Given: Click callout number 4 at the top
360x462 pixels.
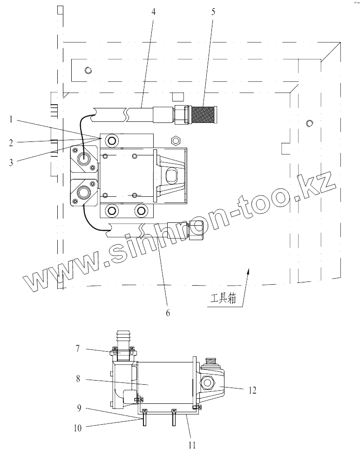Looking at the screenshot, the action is pos(153,12).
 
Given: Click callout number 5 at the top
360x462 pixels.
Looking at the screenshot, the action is pos(213,12).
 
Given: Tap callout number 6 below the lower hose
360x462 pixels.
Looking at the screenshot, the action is pos(168,313).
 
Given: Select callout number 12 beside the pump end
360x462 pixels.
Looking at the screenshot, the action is pos(252,390).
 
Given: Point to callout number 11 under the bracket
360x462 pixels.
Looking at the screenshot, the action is pos(192,445).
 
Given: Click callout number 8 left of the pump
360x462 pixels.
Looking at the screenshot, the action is pos(78,379).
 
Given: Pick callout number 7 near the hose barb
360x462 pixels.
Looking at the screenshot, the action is pos(78,349).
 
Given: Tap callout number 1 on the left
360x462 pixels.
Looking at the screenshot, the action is pos(11,120).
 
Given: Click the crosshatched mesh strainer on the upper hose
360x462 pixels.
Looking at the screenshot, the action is pos(204,114).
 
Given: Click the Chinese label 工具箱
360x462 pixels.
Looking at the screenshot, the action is pos(223,299).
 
